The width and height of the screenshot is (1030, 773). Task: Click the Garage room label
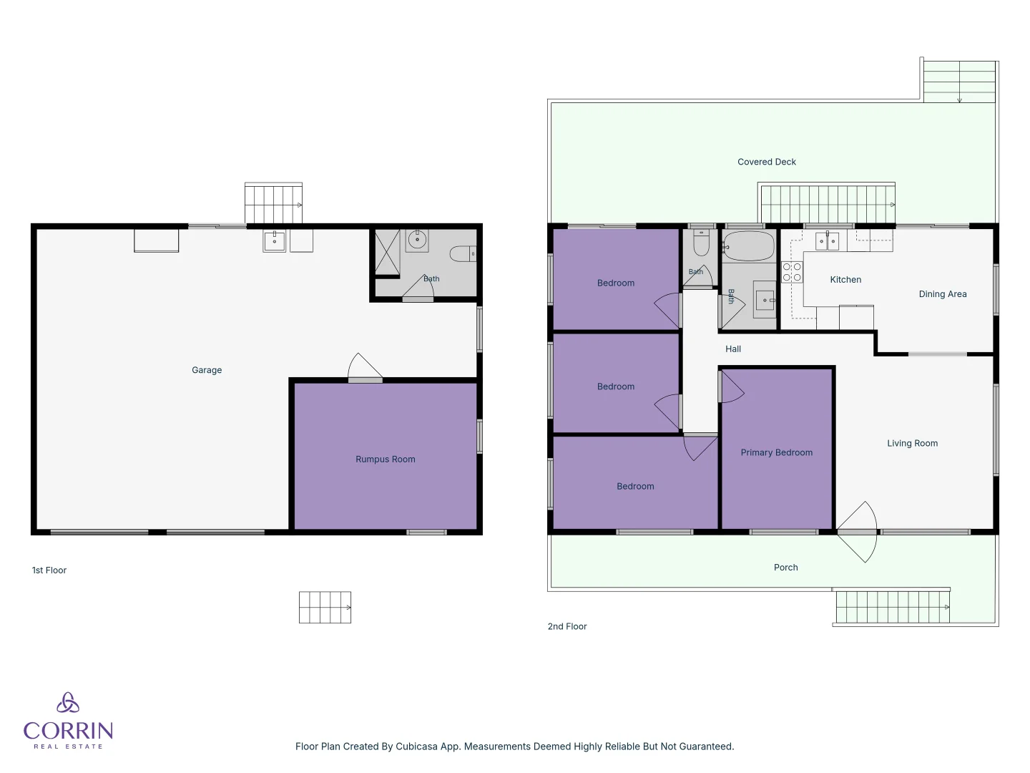[x=207, y=370]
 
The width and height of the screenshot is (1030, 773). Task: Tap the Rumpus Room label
[x=386, y=459]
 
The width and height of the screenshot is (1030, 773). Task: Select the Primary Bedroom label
[x=777, y=452]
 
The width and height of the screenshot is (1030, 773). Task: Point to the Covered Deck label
[x=767, y=162]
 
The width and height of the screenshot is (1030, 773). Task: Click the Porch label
[x=786, y=568]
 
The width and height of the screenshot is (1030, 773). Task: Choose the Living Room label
[x=912, y=444]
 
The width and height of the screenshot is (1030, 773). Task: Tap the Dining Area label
[x=943, y=294]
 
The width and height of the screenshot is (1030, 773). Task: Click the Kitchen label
[x=845, y=280]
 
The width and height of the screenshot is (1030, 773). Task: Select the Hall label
[x=733, y=349]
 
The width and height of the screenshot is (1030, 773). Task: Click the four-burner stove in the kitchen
[x=792, y=272]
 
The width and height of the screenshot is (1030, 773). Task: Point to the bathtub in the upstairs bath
[x=748, y=246]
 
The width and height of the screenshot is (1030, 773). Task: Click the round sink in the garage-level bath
[x=417, y=240]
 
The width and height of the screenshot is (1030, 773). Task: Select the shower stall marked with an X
[x=388, y=252]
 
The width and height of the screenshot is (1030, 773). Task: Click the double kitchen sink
[x=827, y=241]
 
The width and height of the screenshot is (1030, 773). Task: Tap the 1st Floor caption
[x=49, y=570]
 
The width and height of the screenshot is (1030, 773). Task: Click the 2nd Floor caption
[x=567, y=626]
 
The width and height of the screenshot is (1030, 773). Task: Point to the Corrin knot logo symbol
[x=68, y=703]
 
